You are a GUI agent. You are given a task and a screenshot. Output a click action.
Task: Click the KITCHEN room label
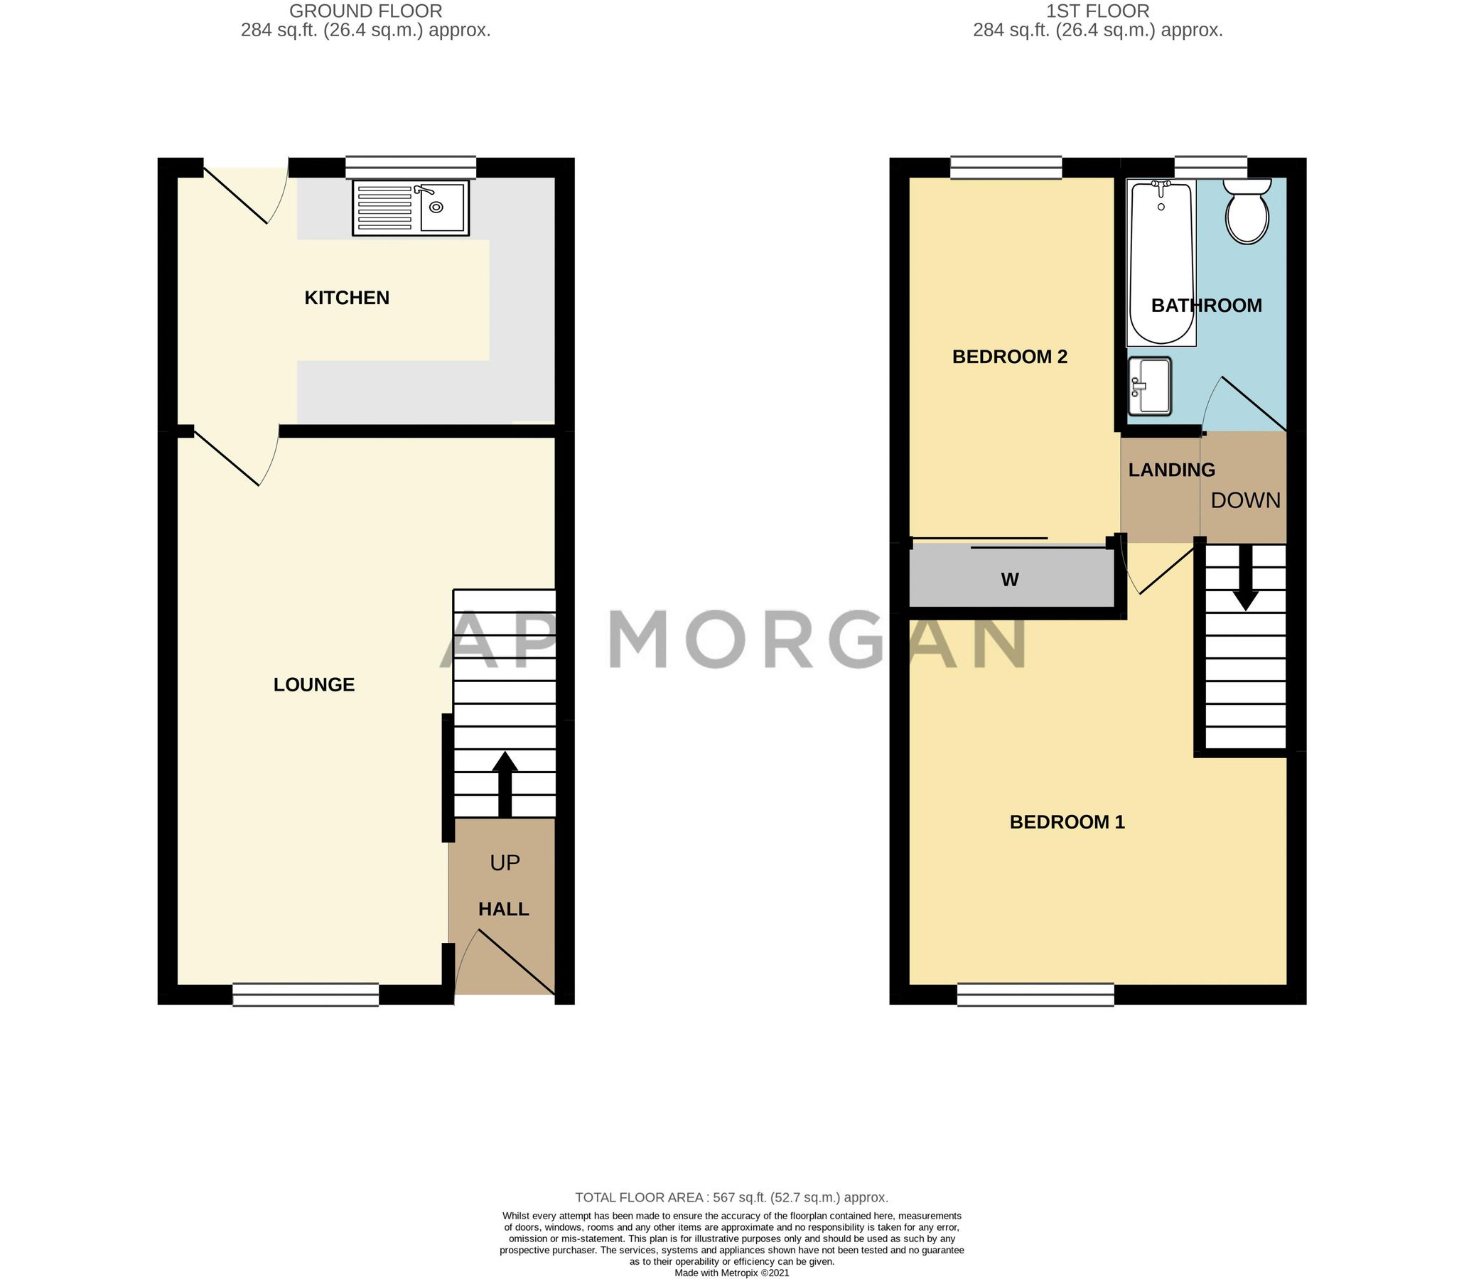347,298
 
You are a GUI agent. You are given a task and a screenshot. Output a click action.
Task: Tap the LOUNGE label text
314,684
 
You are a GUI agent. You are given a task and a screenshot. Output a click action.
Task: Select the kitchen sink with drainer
411,207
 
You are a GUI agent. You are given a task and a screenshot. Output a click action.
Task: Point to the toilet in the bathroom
1247,210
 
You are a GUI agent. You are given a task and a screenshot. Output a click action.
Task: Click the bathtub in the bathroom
1161,262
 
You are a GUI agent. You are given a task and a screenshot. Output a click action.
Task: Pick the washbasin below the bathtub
1150,386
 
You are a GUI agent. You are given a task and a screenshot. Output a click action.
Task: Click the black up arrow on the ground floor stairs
505,784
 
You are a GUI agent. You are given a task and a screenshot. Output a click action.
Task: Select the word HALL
503,910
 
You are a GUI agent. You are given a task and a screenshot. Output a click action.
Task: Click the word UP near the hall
505,863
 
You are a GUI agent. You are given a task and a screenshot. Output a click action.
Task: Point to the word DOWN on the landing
1246,500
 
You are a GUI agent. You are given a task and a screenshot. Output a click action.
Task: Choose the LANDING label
1171,470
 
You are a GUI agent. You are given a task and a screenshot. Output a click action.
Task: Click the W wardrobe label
1009,580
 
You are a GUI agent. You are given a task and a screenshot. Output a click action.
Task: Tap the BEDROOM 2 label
1009,357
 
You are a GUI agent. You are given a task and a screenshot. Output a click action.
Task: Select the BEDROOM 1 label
1067,822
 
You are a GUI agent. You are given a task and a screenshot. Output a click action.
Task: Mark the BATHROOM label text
1206,306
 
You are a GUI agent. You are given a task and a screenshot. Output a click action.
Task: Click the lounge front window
306,995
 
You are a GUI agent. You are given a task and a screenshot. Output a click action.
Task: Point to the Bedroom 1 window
1035,995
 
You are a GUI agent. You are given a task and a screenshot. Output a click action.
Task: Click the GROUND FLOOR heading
365,11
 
